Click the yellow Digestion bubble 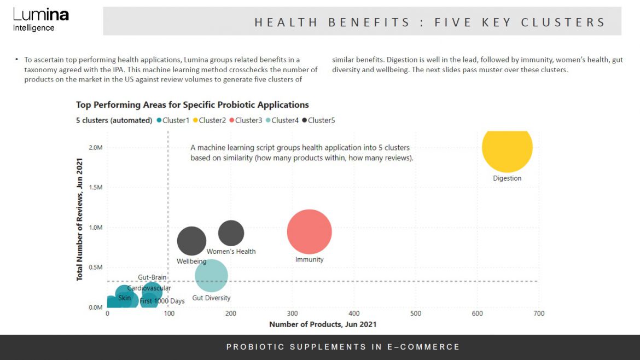507,148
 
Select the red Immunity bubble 309,232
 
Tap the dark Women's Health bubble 231,233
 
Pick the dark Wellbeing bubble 191,241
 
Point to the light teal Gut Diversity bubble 211,276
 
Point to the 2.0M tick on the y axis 95,148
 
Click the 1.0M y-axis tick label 95,228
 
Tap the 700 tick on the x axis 539,313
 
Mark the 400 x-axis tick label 354,313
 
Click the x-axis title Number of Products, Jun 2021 323,324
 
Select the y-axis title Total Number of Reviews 80,219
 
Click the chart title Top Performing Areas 192,105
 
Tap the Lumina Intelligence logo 40,20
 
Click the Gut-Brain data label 152,277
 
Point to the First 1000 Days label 162,301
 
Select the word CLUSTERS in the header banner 563,22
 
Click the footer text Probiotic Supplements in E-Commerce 343,347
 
